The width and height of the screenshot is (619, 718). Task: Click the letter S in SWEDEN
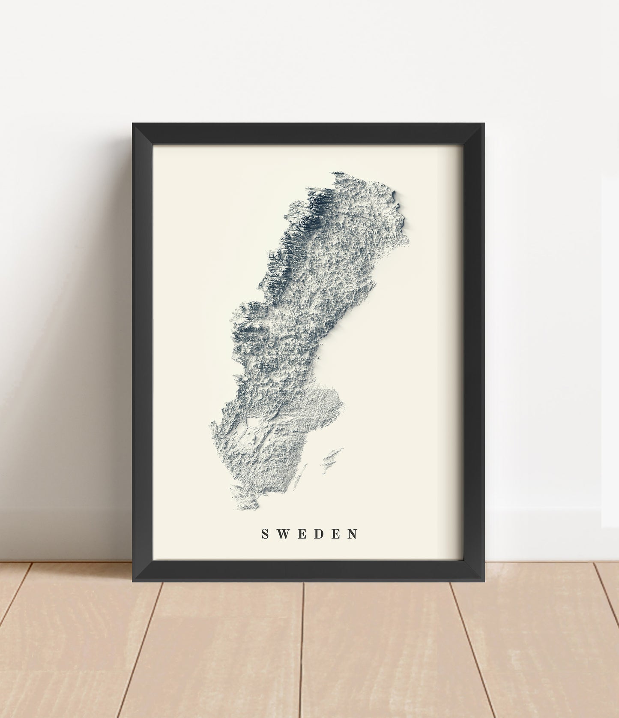tap(265, 534)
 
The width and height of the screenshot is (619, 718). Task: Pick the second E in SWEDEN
tap(335, 534)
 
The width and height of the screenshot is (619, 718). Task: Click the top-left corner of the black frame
tap(133, 124)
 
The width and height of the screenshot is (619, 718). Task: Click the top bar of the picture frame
tap(308, 134)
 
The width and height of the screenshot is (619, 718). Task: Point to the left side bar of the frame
tap(143, 351)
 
